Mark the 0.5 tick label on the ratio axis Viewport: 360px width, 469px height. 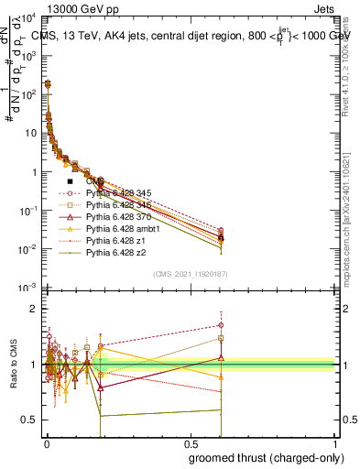[x=28, y=420]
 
